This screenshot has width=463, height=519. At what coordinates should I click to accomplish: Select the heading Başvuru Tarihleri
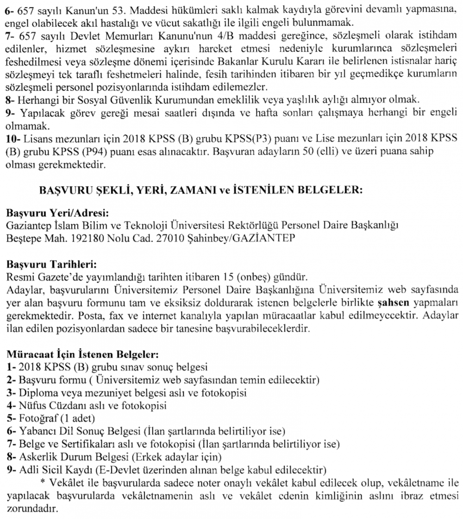[51, 266]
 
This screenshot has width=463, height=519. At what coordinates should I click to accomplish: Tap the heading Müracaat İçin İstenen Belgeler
[83, 355]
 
